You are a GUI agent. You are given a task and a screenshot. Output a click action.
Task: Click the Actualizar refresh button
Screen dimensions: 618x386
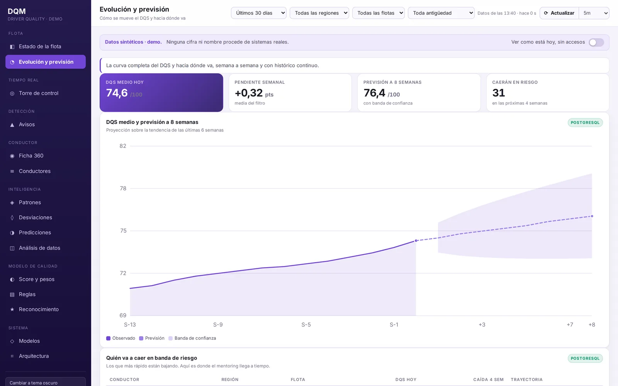(x=559, y=13)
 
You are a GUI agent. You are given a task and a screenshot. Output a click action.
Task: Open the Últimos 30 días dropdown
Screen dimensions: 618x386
(x=258, y=13)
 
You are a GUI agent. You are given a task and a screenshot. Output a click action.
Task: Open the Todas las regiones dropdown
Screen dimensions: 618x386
(x=319, y=13)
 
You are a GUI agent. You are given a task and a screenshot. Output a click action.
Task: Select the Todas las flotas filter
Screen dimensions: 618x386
(x=378, y=13)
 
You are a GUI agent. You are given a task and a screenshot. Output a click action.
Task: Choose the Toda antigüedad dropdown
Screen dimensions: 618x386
(x=441, y=13)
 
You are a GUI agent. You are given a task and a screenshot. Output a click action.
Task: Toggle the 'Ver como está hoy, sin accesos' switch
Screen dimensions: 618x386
(x=596, y=42)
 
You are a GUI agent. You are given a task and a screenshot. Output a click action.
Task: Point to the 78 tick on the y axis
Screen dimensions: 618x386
(x=123, y=188)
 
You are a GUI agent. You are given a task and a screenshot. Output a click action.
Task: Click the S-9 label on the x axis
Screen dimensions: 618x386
(x=218, y=325)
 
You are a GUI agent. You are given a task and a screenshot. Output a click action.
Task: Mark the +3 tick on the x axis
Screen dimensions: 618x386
(x=482, y=325)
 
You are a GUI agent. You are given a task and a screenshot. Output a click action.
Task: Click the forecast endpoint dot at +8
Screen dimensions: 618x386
(x=592, y=216)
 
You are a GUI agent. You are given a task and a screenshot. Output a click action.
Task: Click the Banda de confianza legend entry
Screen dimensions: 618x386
(x=192, y=338)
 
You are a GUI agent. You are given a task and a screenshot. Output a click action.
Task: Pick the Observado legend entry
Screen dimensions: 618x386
(x=121, y=338)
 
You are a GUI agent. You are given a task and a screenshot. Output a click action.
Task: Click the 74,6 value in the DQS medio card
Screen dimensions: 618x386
(x=117, y=93)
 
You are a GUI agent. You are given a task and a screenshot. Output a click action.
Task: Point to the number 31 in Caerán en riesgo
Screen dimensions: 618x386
(x=499, y=93)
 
